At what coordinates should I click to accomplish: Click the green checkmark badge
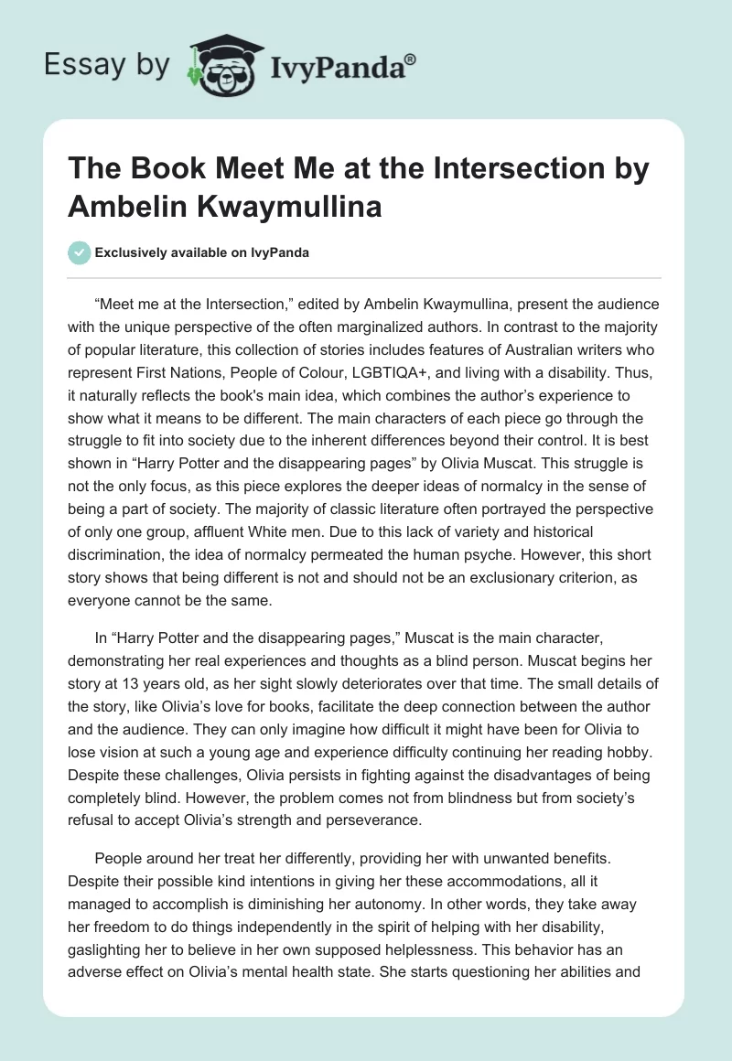(80, 252)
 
